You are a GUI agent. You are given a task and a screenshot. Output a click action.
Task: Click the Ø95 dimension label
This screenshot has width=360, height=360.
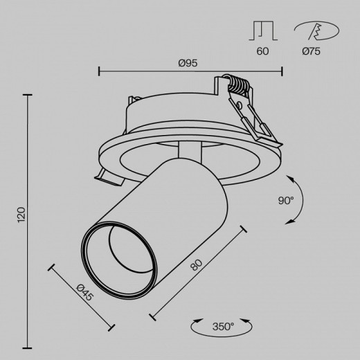pos(188,63)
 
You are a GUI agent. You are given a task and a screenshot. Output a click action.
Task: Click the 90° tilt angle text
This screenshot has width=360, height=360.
pos(285,201)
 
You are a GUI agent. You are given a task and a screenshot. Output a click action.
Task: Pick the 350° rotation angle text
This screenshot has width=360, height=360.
pos(223,325)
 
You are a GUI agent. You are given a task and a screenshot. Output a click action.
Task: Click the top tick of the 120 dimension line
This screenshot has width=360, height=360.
pos(28,95)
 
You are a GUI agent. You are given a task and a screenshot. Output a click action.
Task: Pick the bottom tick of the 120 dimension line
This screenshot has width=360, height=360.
pos(28,346)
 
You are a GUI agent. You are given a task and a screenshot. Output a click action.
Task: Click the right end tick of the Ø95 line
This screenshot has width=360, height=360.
pos(282,70)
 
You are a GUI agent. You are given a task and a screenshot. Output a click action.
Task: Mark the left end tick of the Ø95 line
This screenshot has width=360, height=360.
pos(99,70)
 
